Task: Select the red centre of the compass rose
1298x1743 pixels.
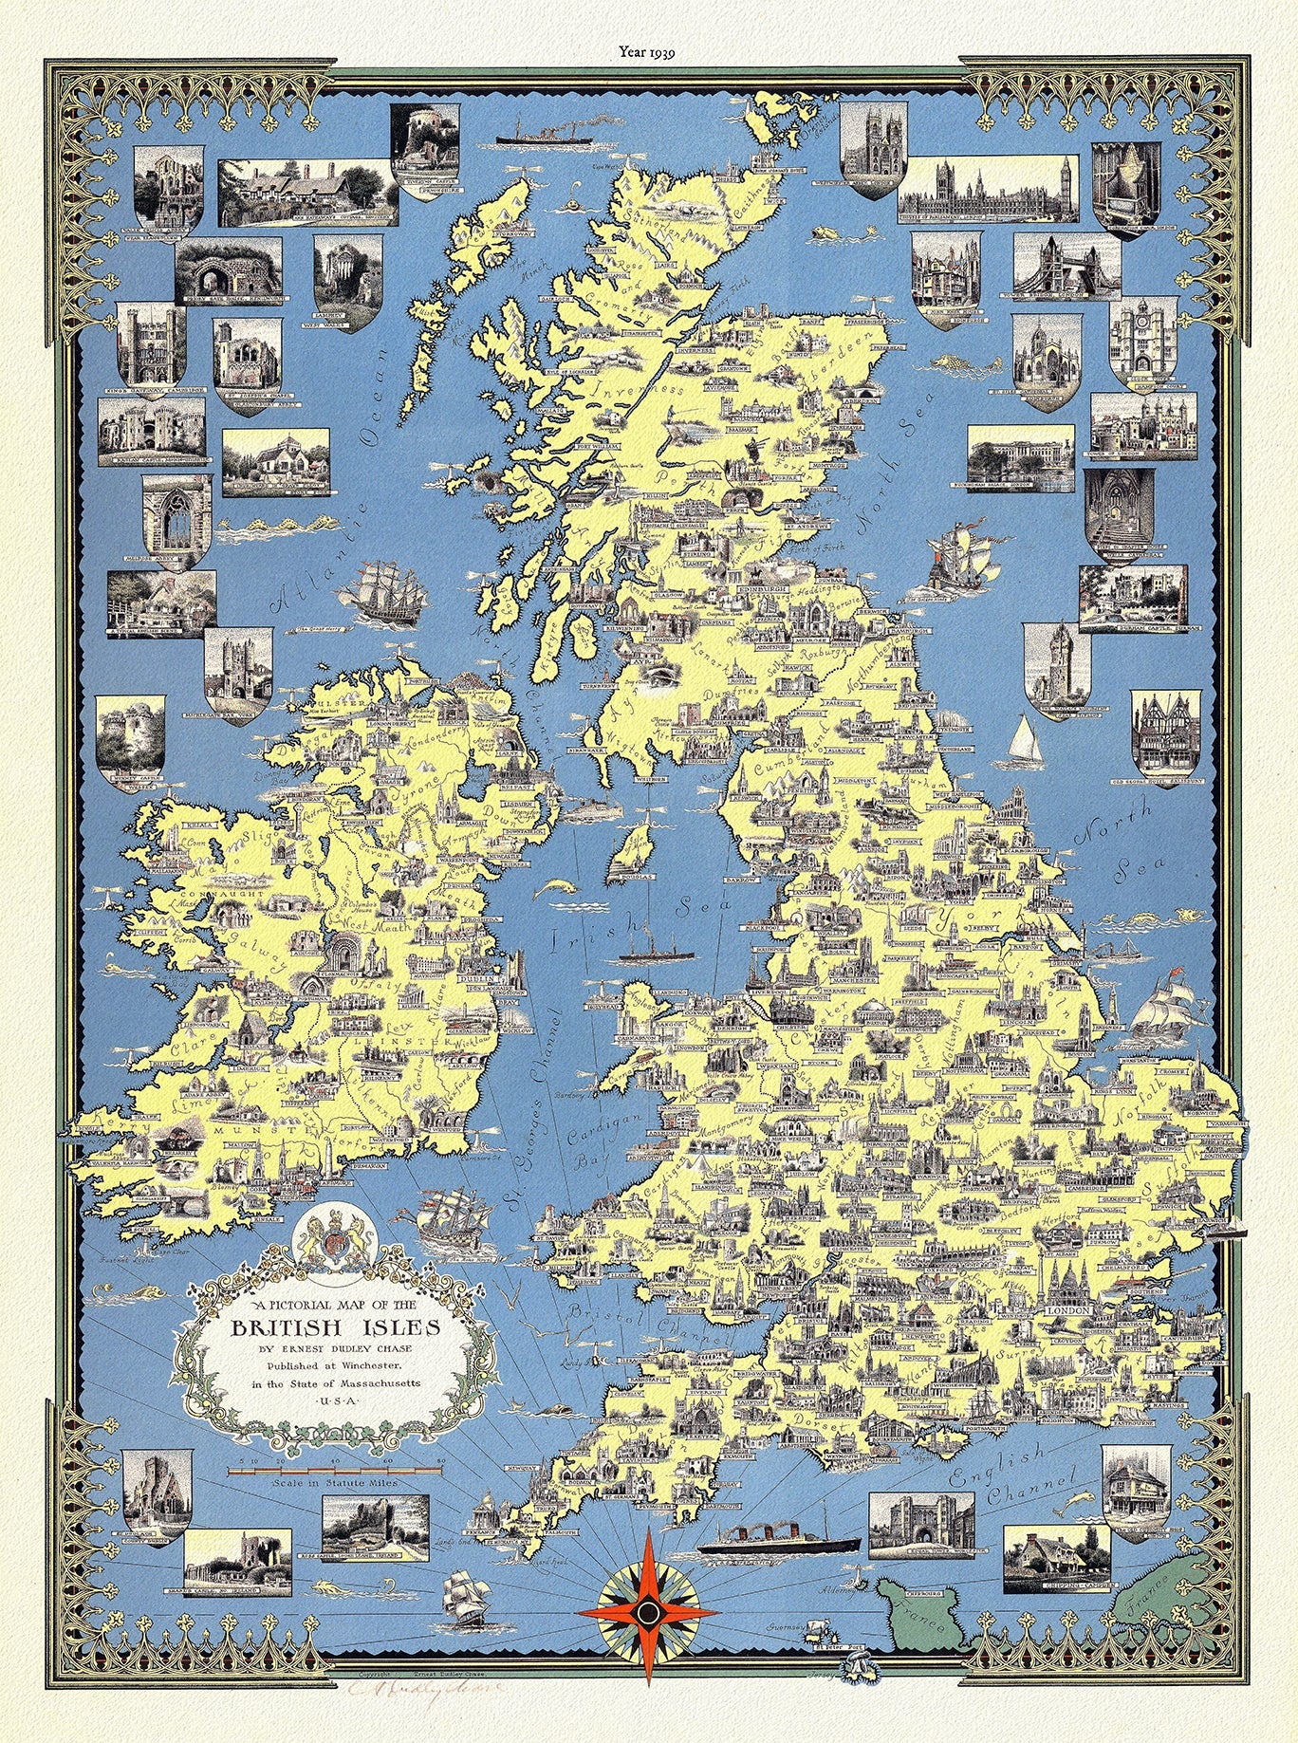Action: (x=647, y=1612)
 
